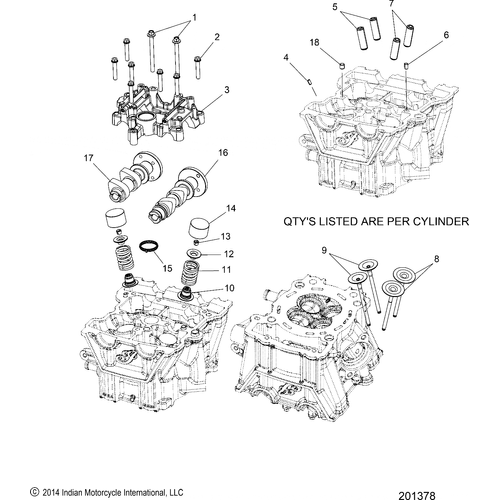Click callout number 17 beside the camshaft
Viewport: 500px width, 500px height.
pos(88,158)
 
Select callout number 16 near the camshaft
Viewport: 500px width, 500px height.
pos(223,153)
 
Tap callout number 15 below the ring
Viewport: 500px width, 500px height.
pos(167,268)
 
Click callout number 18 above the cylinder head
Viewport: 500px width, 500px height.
pos(314,42)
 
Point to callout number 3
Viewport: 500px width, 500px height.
pos(227,90)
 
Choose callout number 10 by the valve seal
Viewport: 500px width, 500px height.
pos(230,288)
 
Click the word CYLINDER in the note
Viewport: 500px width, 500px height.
pos(441,221)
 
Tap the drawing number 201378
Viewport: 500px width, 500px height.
pos(417,496)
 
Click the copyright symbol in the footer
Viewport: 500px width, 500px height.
pos(34,492)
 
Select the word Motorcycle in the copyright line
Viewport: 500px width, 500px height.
pos(104,492)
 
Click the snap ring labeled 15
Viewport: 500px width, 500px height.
pos(149,247)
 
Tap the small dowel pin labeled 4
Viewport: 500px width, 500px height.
pos(309,81)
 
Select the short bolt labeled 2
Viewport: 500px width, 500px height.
pos(198,67)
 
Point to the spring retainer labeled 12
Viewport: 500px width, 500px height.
pos(194,254)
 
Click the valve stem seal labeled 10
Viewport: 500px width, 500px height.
pos(186,292)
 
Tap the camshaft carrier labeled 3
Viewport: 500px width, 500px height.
pos(157,114)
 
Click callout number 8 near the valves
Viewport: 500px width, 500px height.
pos(437,259)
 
